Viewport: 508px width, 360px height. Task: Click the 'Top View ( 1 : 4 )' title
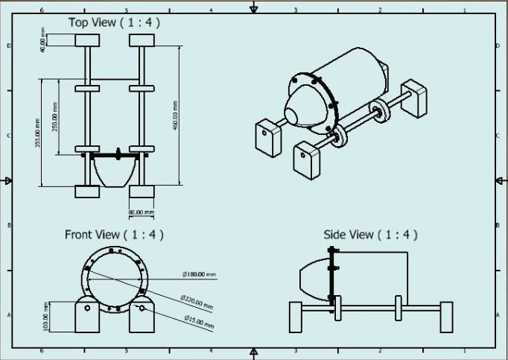point(114,22)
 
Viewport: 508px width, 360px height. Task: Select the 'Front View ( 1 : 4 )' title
point(114,234)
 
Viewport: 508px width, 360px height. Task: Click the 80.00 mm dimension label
point(142,213)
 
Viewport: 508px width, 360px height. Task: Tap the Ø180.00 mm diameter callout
point(199,274)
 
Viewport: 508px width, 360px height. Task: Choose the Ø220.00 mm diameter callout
point(197,302)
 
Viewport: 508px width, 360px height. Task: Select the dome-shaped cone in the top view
point(115,172)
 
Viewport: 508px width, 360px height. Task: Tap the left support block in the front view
point(88,315)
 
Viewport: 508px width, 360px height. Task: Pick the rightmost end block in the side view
point(446,318)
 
